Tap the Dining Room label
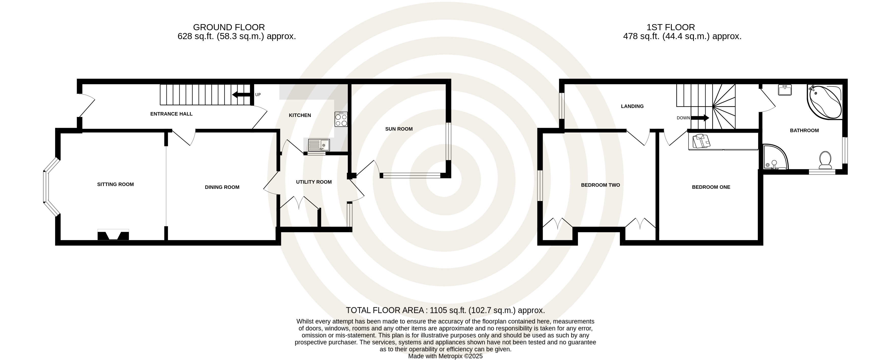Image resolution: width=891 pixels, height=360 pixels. coord(222,187)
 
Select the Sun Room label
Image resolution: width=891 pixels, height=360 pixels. coord(399,129)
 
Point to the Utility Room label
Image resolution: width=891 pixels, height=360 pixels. coord(314,182)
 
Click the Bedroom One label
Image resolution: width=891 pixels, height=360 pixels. coord(711,187)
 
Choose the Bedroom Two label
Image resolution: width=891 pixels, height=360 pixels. coord(600,185)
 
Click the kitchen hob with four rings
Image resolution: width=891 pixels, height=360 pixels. coord(341,119)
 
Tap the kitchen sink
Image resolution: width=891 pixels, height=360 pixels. coord(319,145)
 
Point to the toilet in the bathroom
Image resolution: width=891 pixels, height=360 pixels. coord(825,160)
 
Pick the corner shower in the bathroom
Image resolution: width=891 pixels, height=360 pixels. coord(775,157)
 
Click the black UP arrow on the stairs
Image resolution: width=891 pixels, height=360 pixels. coord(241,95)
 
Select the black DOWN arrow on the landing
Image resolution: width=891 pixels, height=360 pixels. coord(700,118)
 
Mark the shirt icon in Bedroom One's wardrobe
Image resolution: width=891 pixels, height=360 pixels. coord(701,141)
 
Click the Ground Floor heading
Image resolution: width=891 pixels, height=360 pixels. coord(229,27)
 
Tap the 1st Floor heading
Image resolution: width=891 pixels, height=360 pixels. coord(671,27)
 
